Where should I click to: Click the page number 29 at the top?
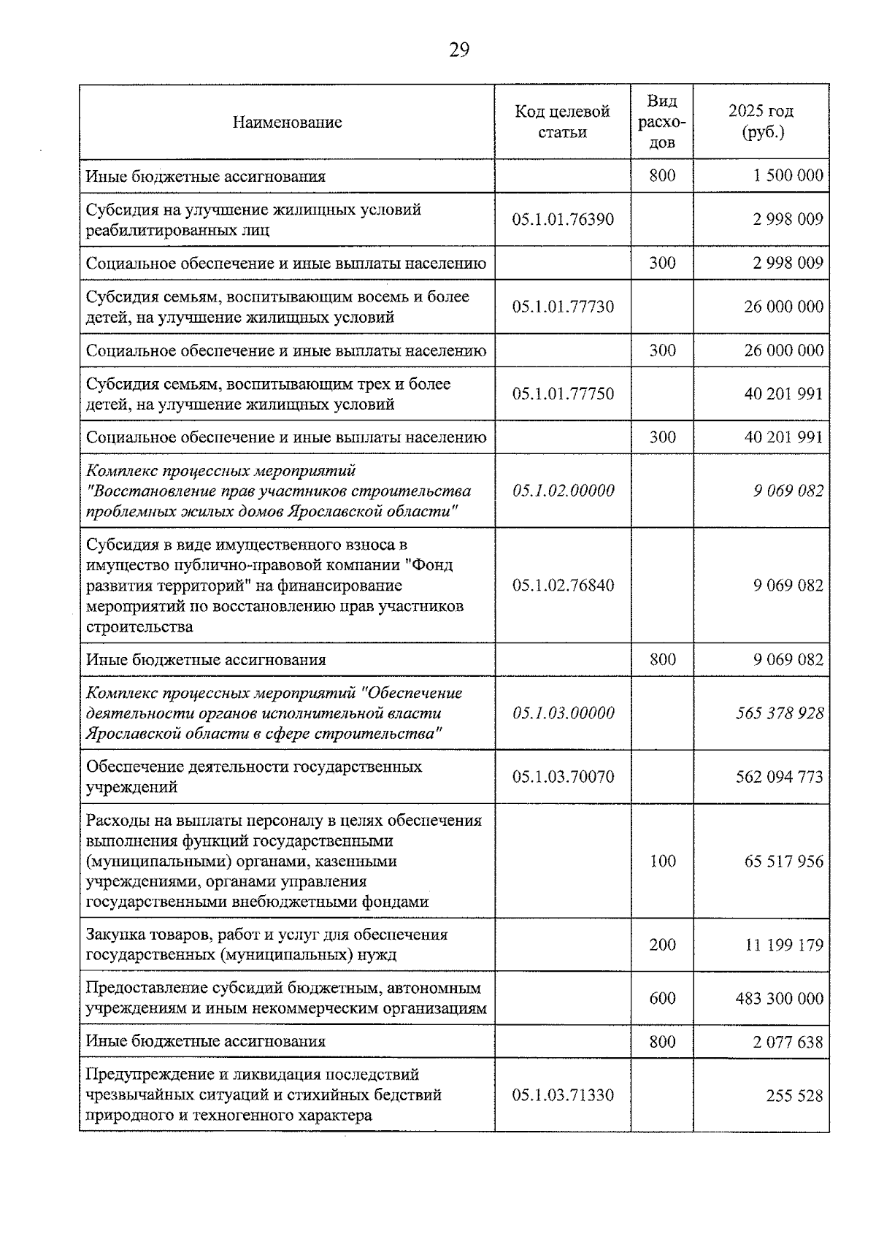[x=458, y=50]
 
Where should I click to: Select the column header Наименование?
[x=287, y=122]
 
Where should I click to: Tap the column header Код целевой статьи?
[x=562, y=121]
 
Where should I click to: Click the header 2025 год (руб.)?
[x=761, y=121]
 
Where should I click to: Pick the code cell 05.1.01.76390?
[x=562, y=219]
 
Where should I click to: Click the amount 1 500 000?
[x=788, y=175]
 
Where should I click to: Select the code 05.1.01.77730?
[x=562, y=307]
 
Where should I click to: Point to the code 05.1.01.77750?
[x=562, y=394]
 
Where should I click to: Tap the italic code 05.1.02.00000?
[x=563, y=491]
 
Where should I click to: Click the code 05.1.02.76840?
[x=562, y=586]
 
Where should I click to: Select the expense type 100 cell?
[x=662, y=861]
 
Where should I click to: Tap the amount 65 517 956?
[x=783, y=861]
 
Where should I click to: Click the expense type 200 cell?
[x=662, y=945]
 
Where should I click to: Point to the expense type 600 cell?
[x=662, y=998]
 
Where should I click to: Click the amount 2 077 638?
[x=788, y=1042]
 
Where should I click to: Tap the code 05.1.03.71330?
[x=562, y=1095]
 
